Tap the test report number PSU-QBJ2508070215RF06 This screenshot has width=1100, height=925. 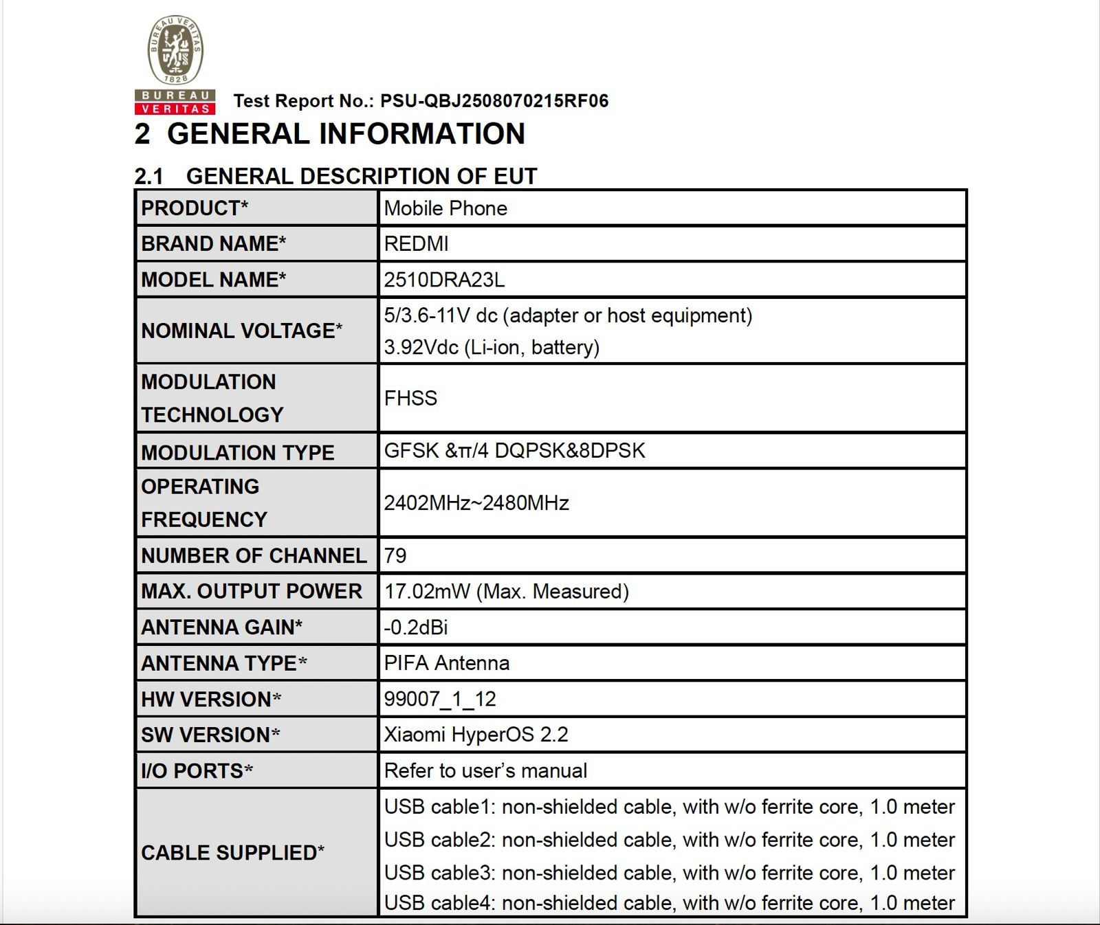tap(494, 101)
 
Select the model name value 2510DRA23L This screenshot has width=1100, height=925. tap(444, 280)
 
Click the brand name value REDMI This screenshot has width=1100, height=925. tap(416, 244)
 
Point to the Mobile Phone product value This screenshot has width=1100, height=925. tap(445, 208)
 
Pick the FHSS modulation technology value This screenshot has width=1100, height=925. tap(410, 399)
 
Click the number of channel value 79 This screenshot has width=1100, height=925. tap(395, 555)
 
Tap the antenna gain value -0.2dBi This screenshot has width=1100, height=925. tap(416, 627)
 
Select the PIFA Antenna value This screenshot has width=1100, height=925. tap(447, 663)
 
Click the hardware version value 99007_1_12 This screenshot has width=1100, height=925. tap(440, 699)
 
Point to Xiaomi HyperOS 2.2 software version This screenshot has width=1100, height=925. tap(476, 735)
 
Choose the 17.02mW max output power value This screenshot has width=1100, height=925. tap(506, 592)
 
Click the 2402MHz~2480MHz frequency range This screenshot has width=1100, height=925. tap(476, 503)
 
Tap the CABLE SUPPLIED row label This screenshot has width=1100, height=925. tap(232, 853)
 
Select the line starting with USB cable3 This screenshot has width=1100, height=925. tap(669, 873)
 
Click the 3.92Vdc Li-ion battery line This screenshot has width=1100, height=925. tap(492, 347)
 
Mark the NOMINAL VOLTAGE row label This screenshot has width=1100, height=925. tap(241, 331)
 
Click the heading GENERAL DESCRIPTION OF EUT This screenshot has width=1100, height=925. tap(361, 177)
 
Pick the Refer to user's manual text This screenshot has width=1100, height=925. tap(485, 770)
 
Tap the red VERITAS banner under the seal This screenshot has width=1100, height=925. tap(175, 109)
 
